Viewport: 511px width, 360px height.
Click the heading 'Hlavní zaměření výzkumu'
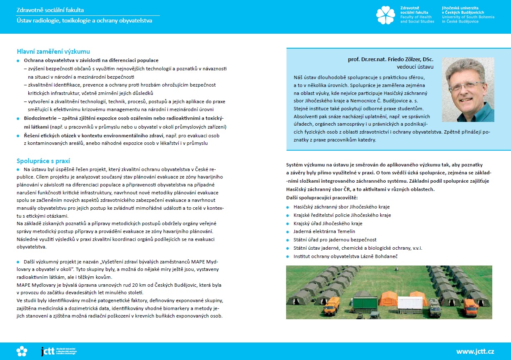[53, 52]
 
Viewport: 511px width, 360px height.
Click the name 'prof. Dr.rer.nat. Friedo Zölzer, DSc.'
[391, 60]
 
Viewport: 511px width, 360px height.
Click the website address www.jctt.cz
[475, 351]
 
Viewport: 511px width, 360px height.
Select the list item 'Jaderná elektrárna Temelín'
[324, 231]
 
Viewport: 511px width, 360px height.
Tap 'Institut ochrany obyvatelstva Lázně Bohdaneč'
[345, 256]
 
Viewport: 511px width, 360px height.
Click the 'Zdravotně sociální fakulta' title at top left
[53, 10]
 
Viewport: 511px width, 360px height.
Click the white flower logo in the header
[385, 15]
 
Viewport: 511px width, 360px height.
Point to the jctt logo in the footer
[48, 351]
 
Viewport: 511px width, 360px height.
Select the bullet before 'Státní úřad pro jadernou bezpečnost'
[287, 240]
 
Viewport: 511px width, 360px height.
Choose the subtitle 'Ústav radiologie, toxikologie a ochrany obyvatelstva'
[84, 20]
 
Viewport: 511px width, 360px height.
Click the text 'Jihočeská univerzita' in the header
[461, 8]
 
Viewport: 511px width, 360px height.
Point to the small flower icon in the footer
[22, 351]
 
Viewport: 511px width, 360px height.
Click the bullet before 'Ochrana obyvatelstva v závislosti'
[18, 61]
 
